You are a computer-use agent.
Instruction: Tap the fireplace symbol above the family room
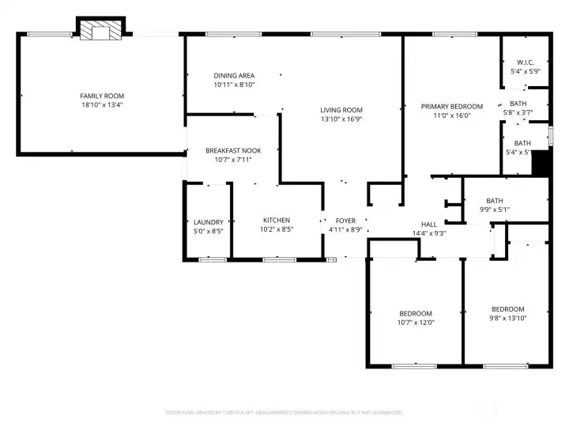pos(100,30)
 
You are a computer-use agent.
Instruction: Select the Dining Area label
pos(234,76)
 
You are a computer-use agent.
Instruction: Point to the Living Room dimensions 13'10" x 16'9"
pos(341,119)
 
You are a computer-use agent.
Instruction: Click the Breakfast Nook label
pos(233,150)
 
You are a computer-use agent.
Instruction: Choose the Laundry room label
pos(209,222)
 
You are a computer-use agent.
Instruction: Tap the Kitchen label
pos(277,220)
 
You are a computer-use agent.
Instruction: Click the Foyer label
pos(345,221)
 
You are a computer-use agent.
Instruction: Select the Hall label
pos(429,224)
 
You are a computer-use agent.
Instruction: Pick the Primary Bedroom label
pos(451,107)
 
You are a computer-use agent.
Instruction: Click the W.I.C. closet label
pos(526,62)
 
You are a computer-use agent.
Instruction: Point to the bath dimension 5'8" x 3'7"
pos(518,112)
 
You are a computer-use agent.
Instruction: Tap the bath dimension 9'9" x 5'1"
pos(495,210)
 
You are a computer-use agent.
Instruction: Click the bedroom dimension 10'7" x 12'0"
pos(416,322)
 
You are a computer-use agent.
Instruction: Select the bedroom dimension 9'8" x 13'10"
pos(507,318)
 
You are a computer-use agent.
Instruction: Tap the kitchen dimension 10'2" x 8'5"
pos(277,229)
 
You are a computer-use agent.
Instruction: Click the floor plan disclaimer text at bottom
pos(284,412)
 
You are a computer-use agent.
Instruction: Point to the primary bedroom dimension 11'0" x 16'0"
pos(451,115)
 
